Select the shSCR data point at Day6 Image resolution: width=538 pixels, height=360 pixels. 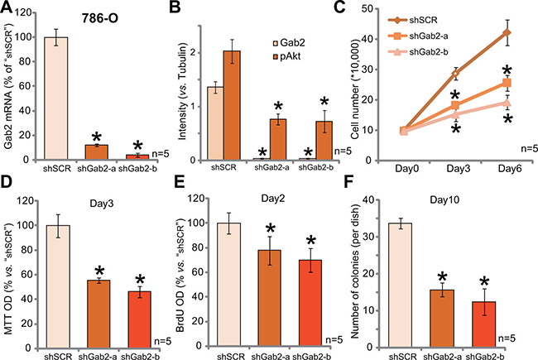507,33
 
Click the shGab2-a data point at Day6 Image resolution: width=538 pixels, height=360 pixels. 507,83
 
